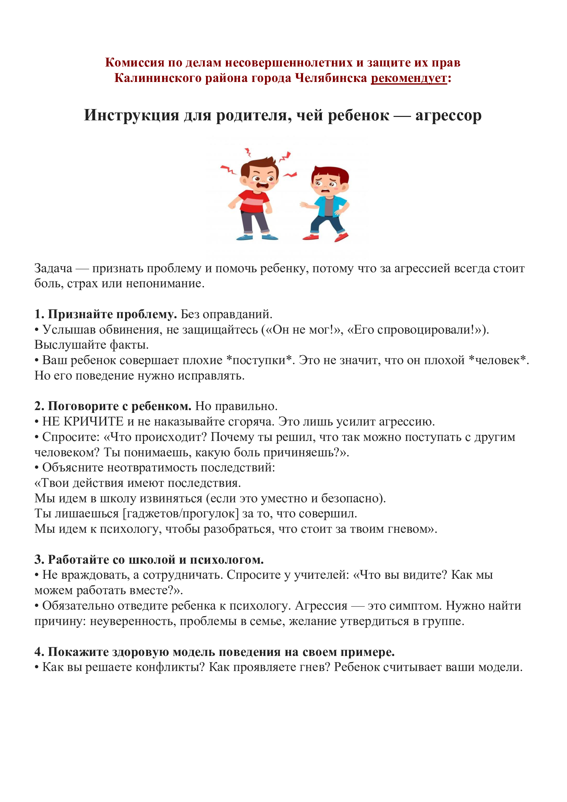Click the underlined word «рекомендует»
(409, 78)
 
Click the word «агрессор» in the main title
(448, 115)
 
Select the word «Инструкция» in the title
(131, 115)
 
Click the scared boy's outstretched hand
(304, 205)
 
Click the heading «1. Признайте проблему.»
(106, 314)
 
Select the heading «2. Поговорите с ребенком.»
(113, 406)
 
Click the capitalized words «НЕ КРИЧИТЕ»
(83, 422)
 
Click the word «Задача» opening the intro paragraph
(53, 268)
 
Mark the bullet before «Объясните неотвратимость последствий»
(37, 468)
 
